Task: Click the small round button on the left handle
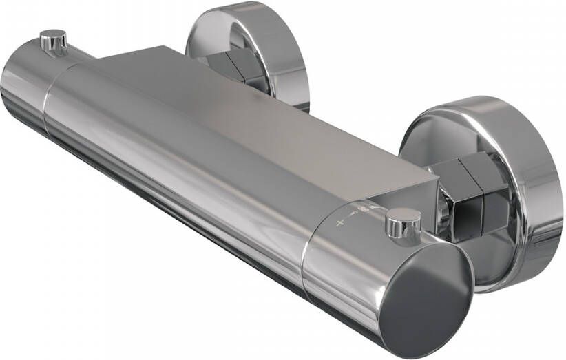click(53, 41)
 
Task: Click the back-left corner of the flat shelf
click(165, 48)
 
